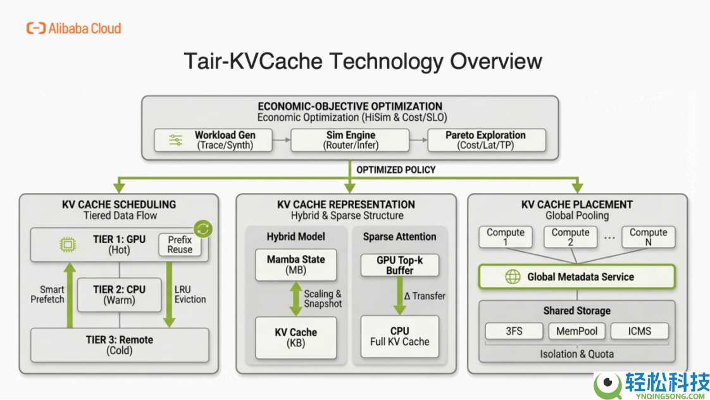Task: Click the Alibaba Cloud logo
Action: (x=73, y=28)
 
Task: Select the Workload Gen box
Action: (x=213, y=140)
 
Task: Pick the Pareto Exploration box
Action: (x=485, y=140)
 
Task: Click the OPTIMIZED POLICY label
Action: (x=395, y=170)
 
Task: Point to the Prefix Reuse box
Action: (x=180, y=244)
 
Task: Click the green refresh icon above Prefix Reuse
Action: (x=203, y=228)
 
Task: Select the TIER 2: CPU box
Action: (x=119, y=294)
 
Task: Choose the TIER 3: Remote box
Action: (x=119, y=345)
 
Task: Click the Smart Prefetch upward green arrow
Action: (x=70, y=294)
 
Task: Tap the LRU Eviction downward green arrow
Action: (x=169, y=294)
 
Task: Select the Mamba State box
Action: (x=296, y=265)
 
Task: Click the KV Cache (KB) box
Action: (x=296, y=337)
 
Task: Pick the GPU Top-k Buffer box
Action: (x=399, y=265)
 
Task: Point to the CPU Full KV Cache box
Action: (x=399, y=336)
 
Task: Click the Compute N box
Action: (x=648, y=237)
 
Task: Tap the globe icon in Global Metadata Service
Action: (x=513, y=277)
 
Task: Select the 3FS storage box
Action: (x=514, y=331)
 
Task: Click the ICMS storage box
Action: (x=639, y=331)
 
